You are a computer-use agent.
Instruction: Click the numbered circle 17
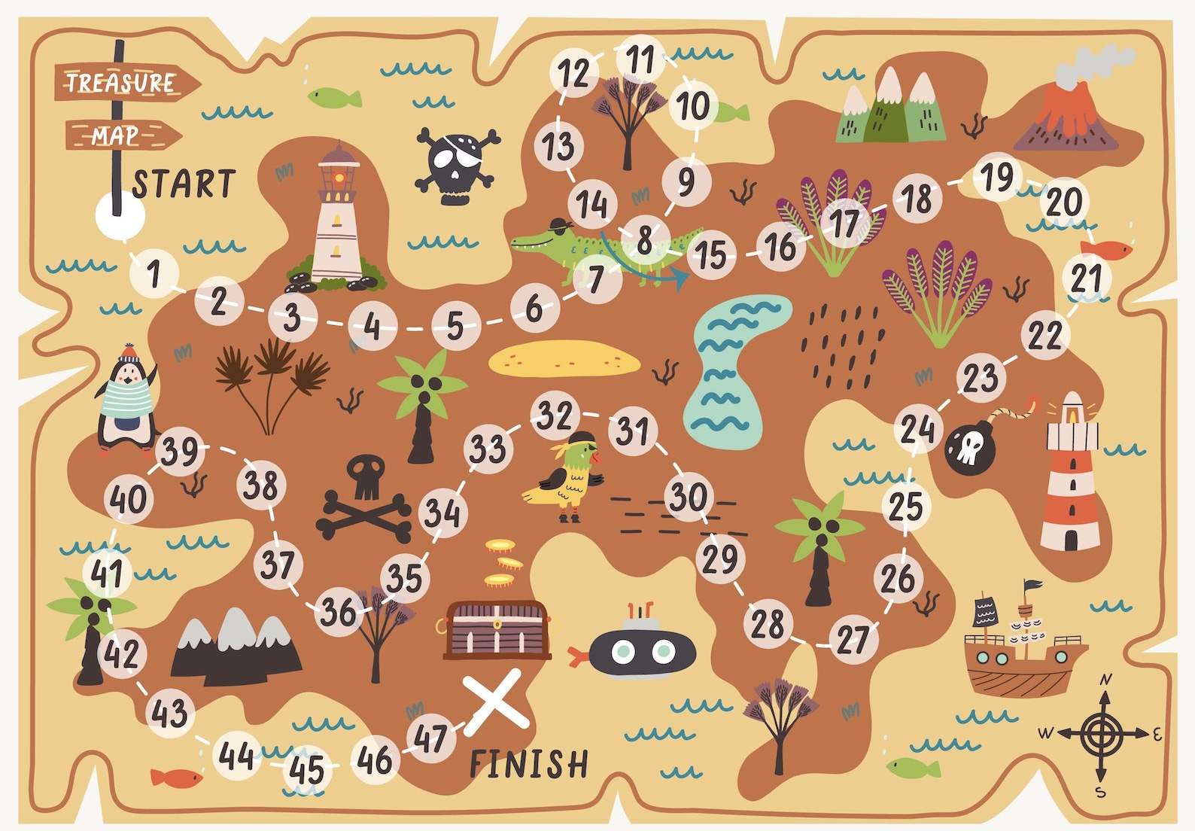(844, 223)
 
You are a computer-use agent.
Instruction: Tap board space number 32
(555, 415)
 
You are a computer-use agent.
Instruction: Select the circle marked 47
(430, 738)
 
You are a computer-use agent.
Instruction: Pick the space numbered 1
(154, 272)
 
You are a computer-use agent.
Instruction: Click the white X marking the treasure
(496, 701)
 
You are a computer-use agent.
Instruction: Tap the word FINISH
(528, 764)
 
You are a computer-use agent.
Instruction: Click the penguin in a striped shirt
(126, 403)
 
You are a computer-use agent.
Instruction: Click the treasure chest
(497, 630)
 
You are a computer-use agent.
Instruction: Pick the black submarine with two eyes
(640, 650)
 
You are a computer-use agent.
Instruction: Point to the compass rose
(1102, 732)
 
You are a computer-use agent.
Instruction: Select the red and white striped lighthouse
(1071, 474)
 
